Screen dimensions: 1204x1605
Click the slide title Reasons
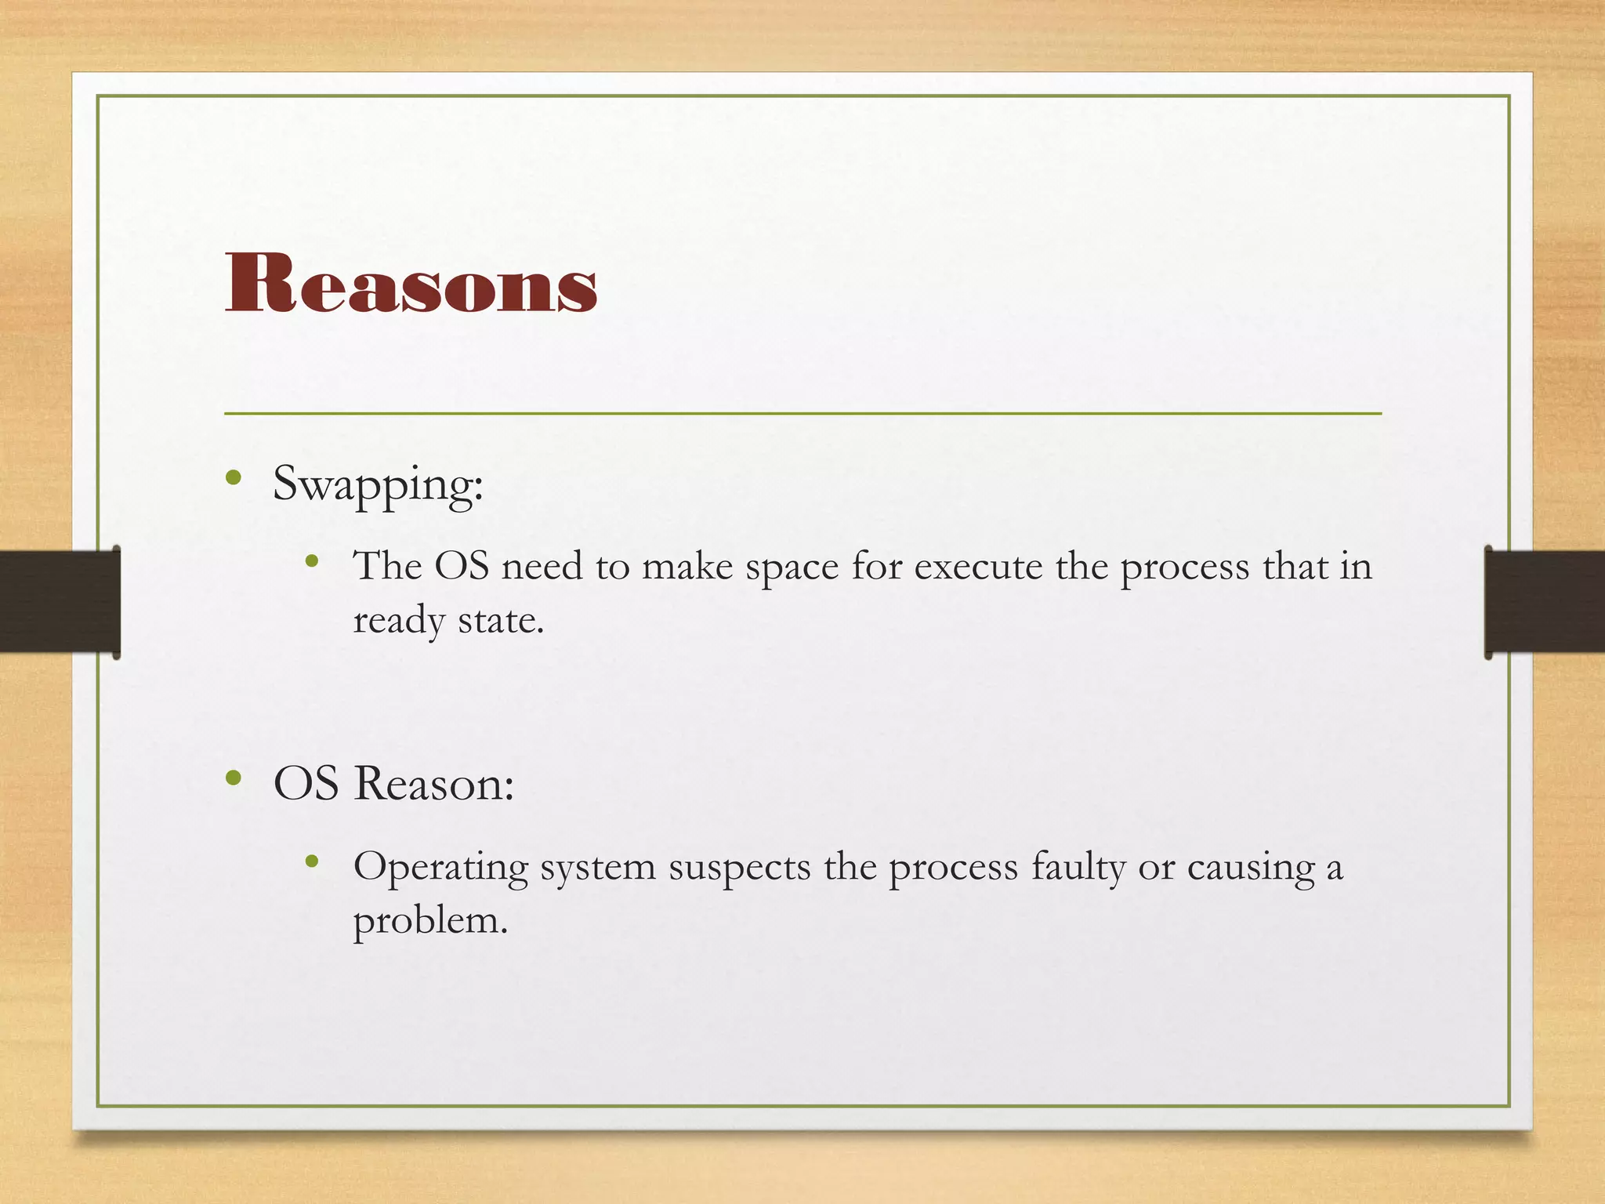(x=411, y=284)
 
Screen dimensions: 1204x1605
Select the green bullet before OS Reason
(x=233, y=778)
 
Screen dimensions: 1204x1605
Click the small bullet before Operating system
(x=312, y=862)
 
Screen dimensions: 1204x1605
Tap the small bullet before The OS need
(x=312, y=560)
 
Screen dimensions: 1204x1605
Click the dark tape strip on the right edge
(x=1545, y=601)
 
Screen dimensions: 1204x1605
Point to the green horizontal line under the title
(x=802, y=413)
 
